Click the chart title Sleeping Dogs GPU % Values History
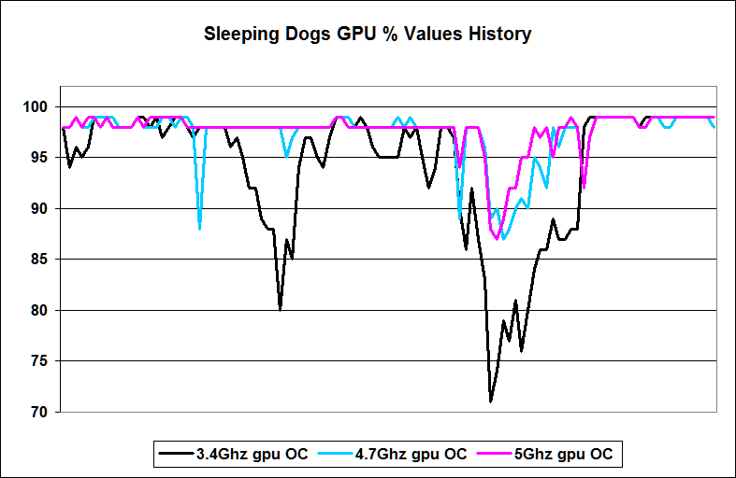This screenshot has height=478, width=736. point(368,35)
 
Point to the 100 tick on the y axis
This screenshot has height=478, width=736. point(42,106)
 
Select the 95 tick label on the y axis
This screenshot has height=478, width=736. point(46,158)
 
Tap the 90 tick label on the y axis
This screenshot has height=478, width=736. point(46,208)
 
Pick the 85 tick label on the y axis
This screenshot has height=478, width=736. point(46,260)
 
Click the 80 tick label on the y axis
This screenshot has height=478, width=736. point(46,310)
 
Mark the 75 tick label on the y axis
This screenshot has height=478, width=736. point(46,361)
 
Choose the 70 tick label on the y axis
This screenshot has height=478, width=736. point(46,412)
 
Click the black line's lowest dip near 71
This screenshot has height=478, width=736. point(490,401)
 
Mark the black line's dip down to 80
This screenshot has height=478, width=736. point(281,309)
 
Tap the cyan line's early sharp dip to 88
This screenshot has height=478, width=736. point(200,228)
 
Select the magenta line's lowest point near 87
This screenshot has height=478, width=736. point(498,238)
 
